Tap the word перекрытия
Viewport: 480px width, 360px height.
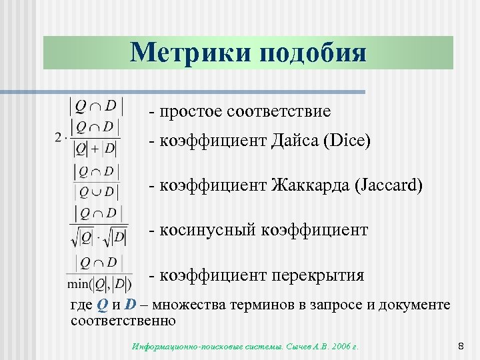pyautogui.click(x=317, y=275)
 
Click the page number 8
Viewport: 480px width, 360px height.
pyautogui.click(x=461, y=346)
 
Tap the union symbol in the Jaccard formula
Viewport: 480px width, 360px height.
pyautogui.click(x=95, y=193)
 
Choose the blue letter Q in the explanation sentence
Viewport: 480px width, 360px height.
pyautogui.click(x=101, y=305)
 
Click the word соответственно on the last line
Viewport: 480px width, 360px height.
pyautogui.click(x=123, y=321)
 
